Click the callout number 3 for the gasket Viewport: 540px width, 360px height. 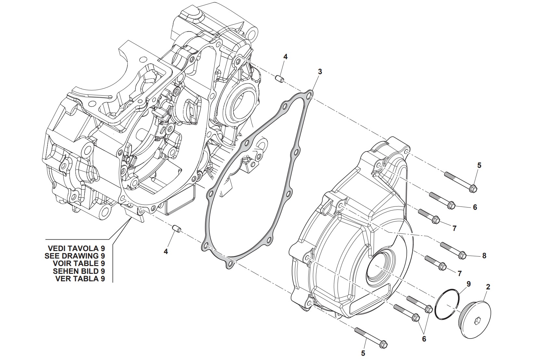tap(320, 72)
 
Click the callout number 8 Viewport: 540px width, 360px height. tap(484, 256)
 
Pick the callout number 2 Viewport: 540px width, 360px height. tap(488, 287)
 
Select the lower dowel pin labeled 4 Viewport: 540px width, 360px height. tap(176, 228)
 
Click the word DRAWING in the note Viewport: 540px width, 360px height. tap(83, 256)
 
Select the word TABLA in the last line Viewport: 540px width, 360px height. tap(86, 279)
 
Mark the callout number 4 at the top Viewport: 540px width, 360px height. tap(285, 57)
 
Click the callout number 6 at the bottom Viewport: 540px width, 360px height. tap(424, 339)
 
